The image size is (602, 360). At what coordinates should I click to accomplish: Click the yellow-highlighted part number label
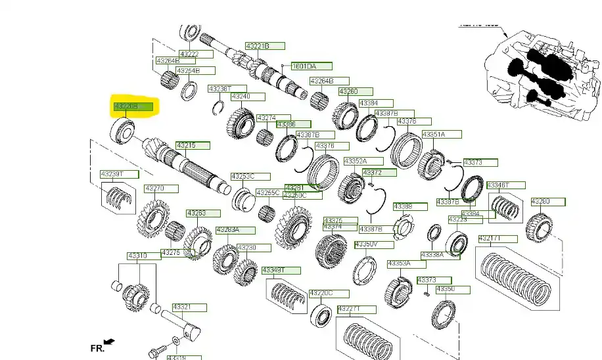[x=133, y=106]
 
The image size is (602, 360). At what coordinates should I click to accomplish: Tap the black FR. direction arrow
[x=109, y=342]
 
